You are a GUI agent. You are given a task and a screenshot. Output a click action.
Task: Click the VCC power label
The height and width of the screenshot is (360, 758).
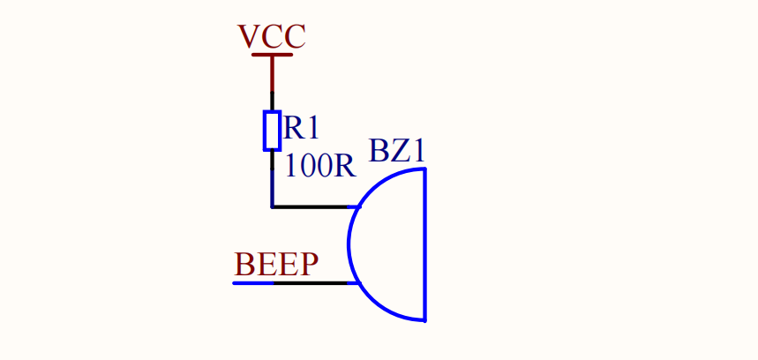tap(272, 36)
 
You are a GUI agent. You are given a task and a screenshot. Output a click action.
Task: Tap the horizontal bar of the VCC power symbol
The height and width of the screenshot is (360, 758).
tap(272, 56)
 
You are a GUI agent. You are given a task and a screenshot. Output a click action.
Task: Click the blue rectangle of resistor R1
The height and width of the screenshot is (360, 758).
tap(272, 131)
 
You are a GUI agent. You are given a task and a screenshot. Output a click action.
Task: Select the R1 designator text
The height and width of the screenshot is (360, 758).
tap(301, 129)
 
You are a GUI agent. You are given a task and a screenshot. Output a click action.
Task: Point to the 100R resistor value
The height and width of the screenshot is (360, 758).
tap(319, 166)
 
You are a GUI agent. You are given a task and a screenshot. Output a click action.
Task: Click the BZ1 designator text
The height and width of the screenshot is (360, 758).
tap(397, 151)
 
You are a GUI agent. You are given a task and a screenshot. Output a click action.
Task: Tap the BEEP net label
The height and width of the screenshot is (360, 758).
tap(276, 265)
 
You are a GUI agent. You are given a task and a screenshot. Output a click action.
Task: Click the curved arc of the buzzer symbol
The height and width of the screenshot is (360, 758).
tap(351, 244)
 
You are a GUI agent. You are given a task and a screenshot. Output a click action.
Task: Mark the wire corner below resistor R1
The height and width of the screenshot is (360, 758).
tap(272, 207)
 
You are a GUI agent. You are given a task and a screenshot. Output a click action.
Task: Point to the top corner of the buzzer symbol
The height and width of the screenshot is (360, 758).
tap(424, 169)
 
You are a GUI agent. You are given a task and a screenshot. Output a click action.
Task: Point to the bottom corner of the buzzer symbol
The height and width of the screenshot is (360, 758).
tap(424, 319)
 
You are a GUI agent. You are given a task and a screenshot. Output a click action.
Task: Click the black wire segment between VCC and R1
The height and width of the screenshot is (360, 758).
tap(272, 99)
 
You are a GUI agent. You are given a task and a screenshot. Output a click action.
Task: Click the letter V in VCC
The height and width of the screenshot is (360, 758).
tap(248, 36)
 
